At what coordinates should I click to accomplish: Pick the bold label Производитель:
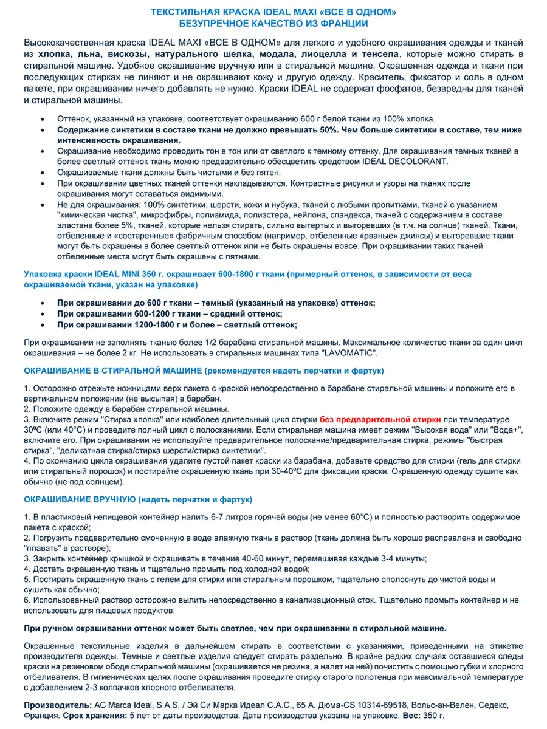click(x=57, y=705)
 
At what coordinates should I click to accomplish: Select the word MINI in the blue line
click(x=128, y=274)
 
